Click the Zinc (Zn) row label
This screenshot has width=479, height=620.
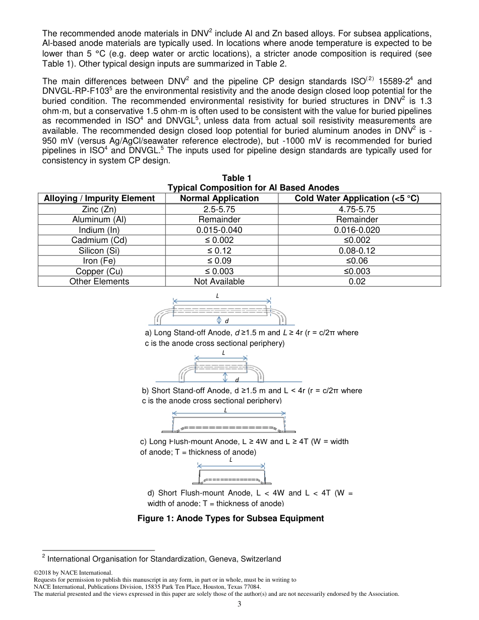point(99,209)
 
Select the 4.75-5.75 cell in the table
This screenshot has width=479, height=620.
point(357,209)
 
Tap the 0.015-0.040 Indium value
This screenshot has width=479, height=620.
point(219,230)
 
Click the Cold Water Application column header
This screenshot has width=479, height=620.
point(357,198)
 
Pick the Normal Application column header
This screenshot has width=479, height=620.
point(219,198)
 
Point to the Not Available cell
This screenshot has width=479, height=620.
point(219,281)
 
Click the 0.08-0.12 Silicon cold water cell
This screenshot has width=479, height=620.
point(357,251)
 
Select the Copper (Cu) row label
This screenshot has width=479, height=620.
point(99,271)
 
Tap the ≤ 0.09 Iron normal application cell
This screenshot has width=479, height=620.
point(219,261)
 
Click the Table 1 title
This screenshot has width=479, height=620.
point(236,177)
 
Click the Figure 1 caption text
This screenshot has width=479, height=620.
point(230,518)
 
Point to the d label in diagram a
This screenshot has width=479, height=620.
point(227,321)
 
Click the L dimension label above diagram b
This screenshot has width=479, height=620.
point(223,353)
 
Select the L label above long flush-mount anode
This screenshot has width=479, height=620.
point(225,410)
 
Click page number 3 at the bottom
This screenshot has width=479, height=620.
point(239,604)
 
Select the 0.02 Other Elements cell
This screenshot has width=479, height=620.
point(357,281)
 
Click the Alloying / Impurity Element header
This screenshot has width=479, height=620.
point(99,198)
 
